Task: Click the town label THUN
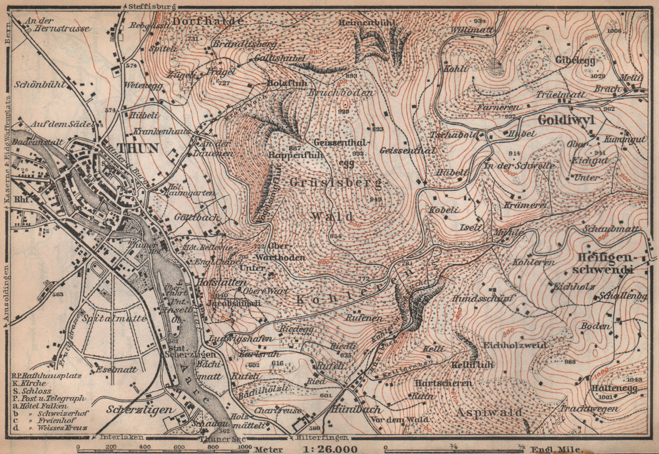(x=138, y=148)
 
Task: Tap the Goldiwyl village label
(x=566, y=120)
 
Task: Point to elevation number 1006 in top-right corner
(x=614, y=30)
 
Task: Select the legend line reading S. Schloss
(x=32, y=391)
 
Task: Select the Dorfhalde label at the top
(x=208, y=21)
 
